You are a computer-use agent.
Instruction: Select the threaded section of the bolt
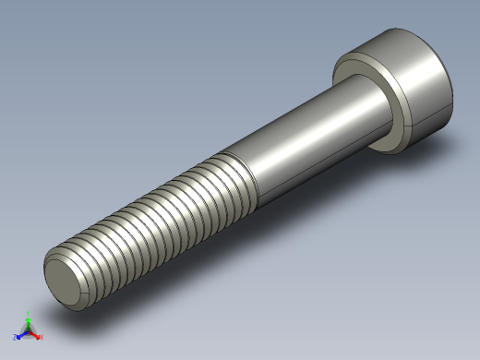coord(157,222)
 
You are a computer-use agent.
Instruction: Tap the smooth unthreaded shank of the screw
coord(305,138)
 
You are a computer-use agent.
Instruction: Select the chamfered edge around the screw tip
coord(52,277)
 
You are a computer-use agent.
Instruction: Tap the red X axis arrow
coord(35,335)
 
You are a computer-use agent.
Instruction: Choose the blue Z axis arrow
coord(20,334)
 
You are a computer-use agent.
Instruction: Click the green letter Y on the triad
coord(29,312)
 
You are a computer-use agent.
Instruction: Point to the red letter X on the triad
coord(41,338)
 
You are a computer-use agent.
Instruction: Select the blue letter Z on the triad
coord(15,338)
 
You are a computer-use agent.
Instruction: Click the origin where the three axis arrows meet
coord(29,330)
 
